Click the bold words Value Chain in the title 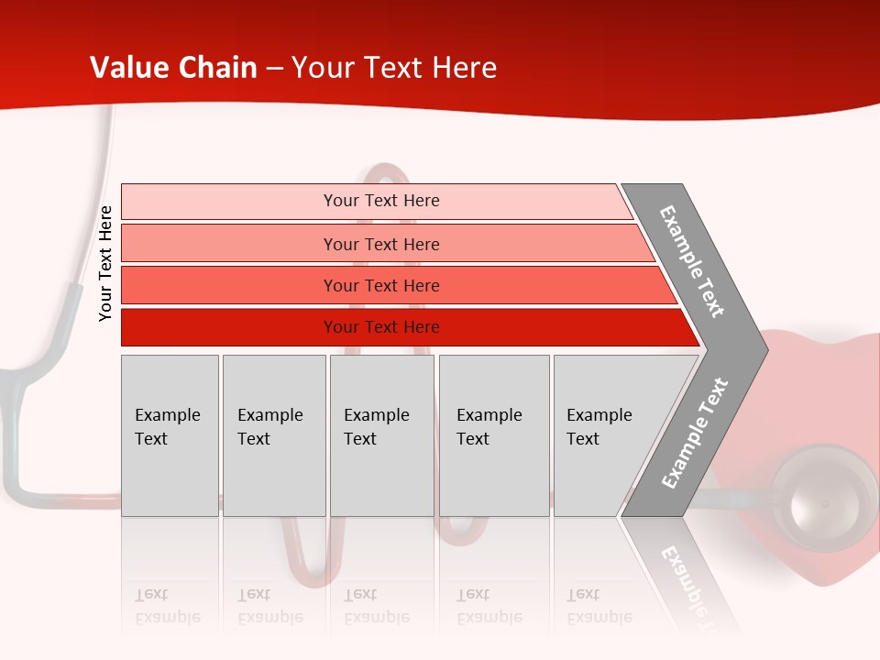(173, 68)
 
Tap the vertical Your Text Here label (105, 263)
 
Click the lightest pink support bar (229, 201)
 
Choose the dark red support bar (229, 327)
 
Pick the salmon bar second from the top (229, 244)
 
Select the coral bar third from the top (229, 285)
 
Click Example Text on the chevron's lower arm (695, 434)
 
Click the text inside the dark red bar (381, 327)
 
